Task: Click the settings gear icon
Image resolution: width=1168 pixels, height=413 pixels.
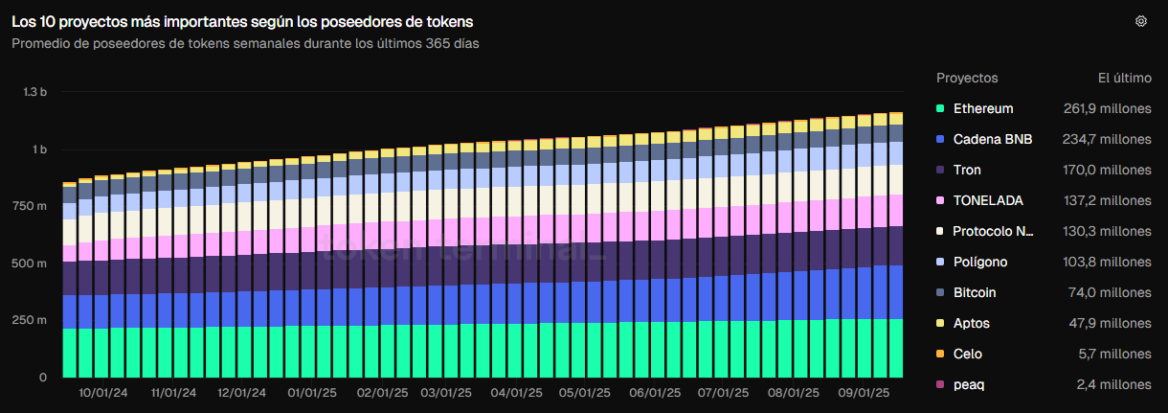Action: (x=1140, y=21)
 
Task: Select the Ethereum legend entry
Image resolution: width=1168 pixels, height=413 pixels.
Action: (x=982, y=108)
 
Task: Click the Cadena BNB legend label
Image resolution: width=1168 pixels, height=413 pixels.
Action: (x=993, y=139)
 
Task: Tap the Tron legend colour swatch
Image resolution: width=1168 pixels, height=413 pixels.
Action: (x=941, y=170)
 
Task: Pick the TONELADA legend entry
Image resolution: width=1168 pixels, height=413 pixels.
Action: (x=988, y=200)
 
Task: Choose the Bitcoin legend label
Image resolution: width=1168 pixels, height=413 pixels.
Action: (x=975, y=292)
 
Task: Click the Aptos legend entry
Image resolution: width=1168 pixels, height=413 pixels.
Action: (x=972, y=323)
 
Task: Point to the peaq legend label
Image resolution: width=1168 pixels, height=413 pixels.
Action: (x=969, y=384)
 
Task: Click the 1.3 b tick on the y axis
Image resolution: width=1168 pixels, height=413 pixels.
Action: (x=35, y=92)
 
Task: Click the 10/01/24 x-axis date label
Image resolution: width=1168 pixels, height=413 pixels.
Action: (x=100, y=393)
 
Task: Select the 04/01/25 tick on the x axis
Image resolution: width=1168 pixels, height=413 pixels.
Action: (x=512, y=393)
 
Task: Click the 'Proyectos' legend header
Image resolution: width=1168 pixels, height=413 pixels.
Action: (x=967, y=78)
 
